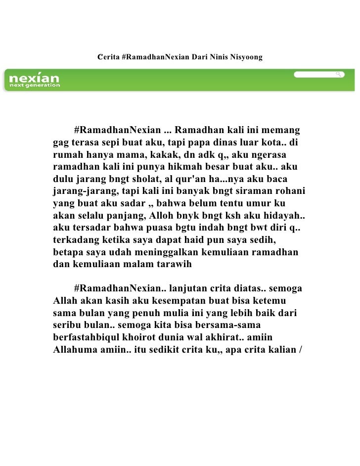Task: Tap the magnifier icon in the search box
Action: tap(339, 74)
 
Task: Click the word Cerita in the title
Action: tap(108, 58)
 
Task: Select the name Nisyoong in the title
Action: tap(246, 58)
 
